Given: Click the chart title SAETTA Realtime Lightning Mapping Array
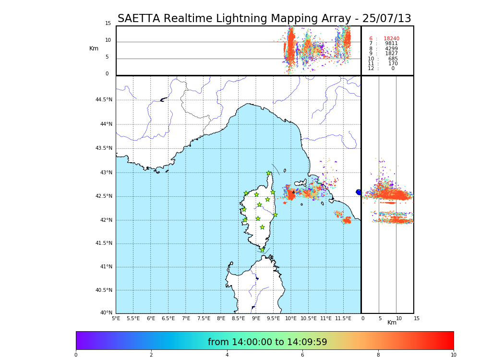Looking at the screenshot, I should coord(264,19).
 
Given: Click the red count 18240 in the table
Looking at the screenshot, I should coord(391,39).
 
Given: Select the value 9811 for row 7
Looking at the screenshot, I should coord(391,44).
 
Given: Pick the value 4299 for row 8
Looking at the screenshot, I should coord(391,49).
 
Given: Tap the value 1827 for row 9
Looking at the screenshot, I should coord(391,54).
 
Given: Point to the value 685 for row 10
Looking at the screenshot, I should coord(393,59).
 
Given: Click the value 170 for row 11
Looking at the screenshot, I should coord(393,64).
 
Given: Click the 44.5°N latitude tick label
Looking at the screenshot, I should coord(104,100).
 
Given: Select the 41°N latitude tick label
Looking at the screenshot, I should coord(105,267).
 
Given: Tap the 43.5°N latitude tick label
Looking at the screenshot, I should coord(104,148).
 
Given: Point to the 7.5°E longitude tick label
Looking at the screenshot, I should coord(204,318).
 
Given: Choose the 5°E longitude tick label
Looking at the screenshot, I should coord(116,318).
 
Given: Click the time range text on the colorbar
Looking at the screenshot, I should coord(267,342).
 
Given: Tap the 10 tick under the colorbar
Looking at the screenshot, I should coord(453,355).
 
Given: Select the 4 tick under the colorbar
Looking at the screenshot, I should coord(227,355).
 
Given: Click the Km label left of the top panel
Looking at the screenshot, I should coord(94,48).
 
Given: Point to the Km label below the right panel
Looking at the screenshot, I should coord(392,323).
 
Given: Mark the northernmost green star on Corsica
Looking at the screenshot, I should coord(269,173).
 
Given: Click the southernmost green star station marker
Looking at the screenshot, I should coord(263,250).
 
